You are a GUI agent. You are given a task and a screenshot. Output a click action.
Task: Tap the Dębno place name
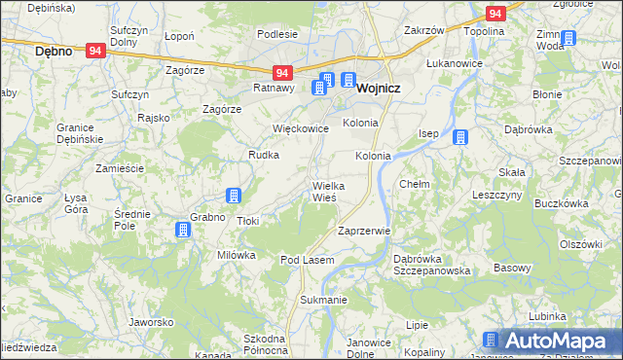pos(54,51)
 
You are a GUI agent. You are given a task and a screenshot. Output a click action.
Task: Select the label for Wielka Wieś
pos(324,191)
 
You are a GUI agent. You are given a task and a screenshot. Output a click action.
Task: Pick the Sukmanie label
pos(323,300)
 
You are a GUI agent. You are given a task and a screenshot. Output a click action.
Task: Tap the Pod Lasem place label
pos(308,261)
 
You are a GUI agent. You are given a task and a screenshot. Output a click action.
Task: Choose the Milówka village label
pos(236,255)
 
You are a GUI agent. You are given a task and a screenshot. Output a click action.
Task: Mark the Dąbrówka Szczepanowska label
pos(432,265)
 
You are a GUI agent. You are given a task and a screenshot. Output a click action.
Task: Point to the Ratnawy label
pos(274,88)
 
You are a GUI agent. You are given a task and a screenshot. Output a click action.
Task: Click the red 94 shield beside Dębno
pos(94,50)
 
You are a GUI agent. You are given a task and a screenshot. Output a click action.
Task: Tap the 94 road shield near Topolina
pos(495,14)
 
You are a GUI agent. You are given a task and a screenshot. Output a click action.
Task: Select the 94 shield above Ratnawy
pos(281,73)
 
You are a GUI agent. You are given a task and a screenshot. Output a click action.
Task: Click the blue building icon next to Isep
pos(458,137)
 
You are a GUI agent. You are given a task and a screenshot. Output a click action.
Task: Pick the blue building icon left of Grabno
pos(181,230)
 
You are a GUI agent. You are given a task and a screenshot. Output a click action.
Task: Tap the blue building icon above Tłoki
pos(234,196)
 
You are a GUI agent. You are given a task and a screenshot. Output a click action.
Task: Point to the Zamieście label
pos(120,168)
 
